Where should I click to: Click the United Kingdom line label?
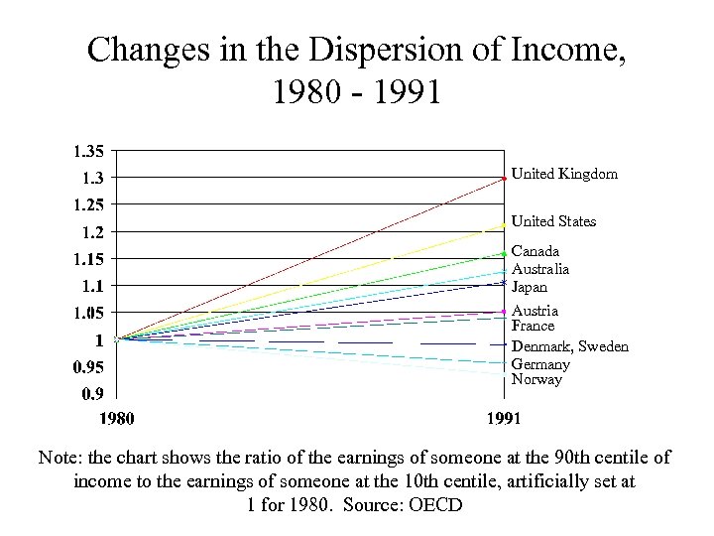[564, 174]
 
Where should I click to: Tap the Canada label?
[535, 252]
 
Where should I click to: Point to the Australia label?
[540, 269]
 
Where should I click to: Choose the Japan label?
[530, 287]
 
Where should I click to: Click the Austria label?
[535, 311]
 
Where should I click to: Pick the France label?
[533, 326]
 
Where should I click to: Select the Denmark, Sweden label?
[569, 346]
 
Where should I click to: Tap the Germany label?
[540, 364]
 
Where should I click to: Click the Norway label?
[536, 379]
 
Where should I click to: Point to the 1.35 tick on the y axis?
[85, 152]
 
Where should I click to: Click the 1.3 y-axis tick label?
[90, 179]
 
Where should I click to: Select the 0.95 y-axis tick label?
[85, 367]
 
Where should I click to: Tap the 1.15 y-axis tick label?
[85, 259]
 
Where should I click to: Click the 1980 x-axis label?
[117, 418]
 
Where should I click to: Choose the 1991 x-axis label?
[504, 418]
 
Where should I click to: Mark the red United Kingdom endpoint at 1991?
[505, 179]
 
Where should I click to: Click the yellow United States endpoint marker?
[505, 226]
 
